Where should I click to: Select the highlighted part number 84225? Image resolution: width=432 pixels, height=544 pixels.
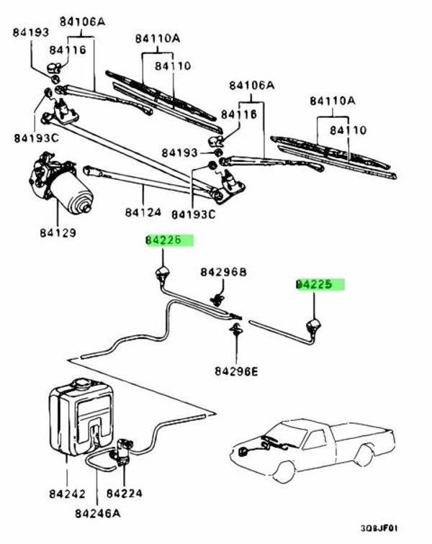(320, 284)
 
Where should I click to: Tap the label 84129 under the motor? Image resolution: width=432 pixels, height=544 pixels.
(60, 233)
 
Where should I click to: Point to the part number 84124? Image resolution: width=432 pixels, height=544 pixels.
(141, 213)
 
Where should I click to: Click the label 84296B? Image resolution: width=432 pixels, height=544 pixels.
(223, 272)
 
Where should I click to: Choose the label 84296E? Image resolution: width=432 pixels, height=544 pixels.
(235, 371)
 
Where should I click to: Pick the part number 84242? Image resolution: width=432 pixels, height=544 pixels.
(67, 494)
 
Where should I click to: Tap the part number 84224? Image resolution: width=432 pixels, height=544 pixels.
(124, 494)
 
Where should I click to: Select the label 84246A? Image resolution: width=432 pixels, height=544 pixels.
(97, 514)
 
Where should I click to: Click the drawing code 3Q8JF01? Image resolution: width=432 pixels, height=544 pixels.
(397, 527)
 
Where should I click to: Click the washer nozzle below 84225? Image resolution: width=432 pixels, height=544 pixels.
(314, 325)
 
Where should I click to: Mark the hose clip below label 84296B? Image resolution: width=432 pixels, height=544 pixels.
(215, 297)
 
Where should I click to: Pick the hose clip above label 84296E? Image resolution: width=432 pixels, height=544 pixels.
(234, 330)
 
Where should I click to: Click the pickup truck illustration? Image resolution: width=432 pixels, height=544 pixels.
(317, 446)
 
